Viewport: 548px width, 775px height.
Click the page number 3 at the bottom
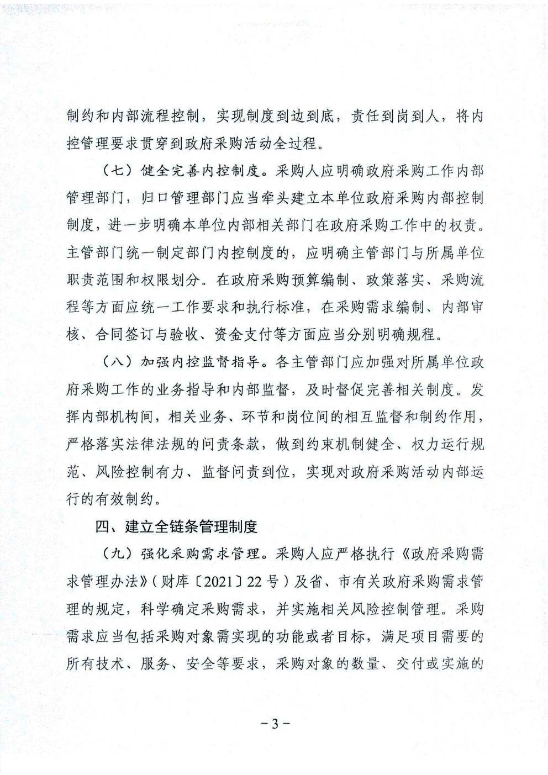pos(274,724)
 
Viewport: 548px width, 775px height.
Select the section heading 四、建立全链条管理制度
pos(176,526)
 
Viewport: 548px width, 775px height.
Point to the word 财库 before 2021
pos(177,582)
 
